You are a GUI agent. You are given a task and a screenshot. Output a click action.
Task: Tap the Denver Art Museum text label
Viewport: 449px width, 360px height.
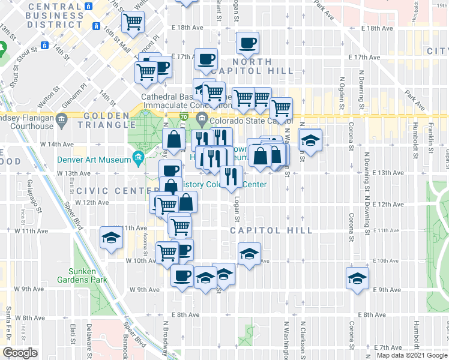94,160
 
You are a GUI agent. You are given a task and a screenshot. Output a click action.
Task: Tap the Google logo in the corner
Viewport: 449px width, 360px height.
20,353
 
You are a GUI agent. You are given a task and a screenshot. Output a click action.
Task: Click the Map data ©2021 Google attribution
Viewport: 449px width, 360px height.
412,355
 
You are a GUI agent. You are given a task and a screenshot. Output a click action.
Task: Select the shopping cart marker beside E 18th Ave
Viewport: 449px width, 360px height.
133,22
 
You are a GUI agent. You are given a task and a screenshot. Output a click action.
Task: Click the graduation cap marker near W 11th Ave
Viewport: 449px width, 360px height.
111,238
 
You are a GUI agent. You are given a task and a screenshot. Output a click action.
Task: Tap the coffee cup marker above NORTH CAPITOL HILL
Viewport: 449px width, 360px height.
247,43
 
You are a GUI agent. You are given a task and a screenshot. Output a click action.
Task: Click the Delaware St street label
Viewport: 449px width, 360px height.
88,340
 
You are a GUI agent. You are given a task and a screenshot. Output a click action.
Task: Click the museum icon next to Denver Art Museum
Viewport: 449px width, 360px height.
139,160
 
